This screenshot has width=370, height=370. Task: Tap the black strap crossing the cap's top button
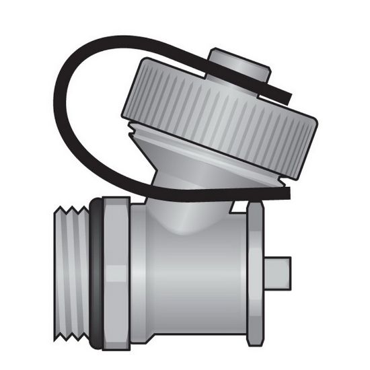(x=269, y=85)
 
